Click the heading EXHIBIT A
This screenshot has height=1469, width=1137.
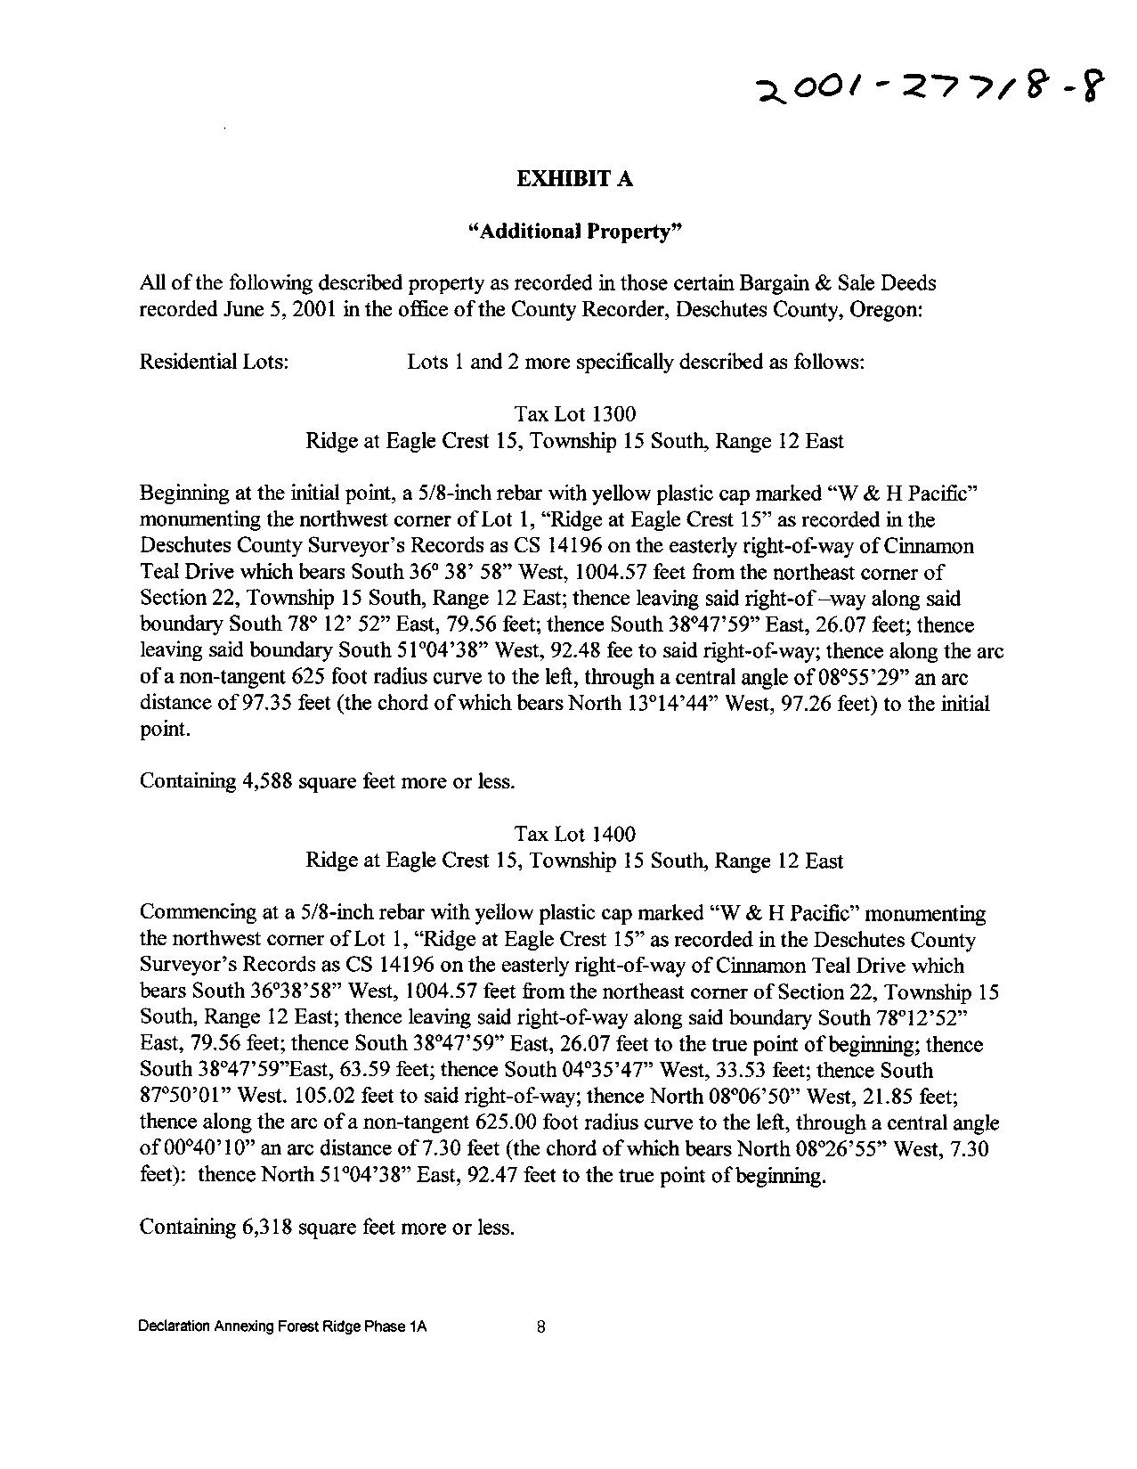click(574, 179)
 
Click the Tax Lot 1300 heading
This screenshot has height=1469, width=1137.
click(575, 414)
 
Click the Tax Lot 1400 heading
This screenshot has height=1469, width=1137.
click(575, 834)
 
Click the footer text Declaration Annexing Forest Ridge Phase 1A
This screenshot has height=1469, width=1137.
click(282, 1326)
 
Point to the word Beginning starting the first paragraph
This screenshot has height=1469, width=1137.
click(181, 494)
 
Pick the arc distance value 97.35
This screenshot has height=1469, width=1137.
click(239, 704)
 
